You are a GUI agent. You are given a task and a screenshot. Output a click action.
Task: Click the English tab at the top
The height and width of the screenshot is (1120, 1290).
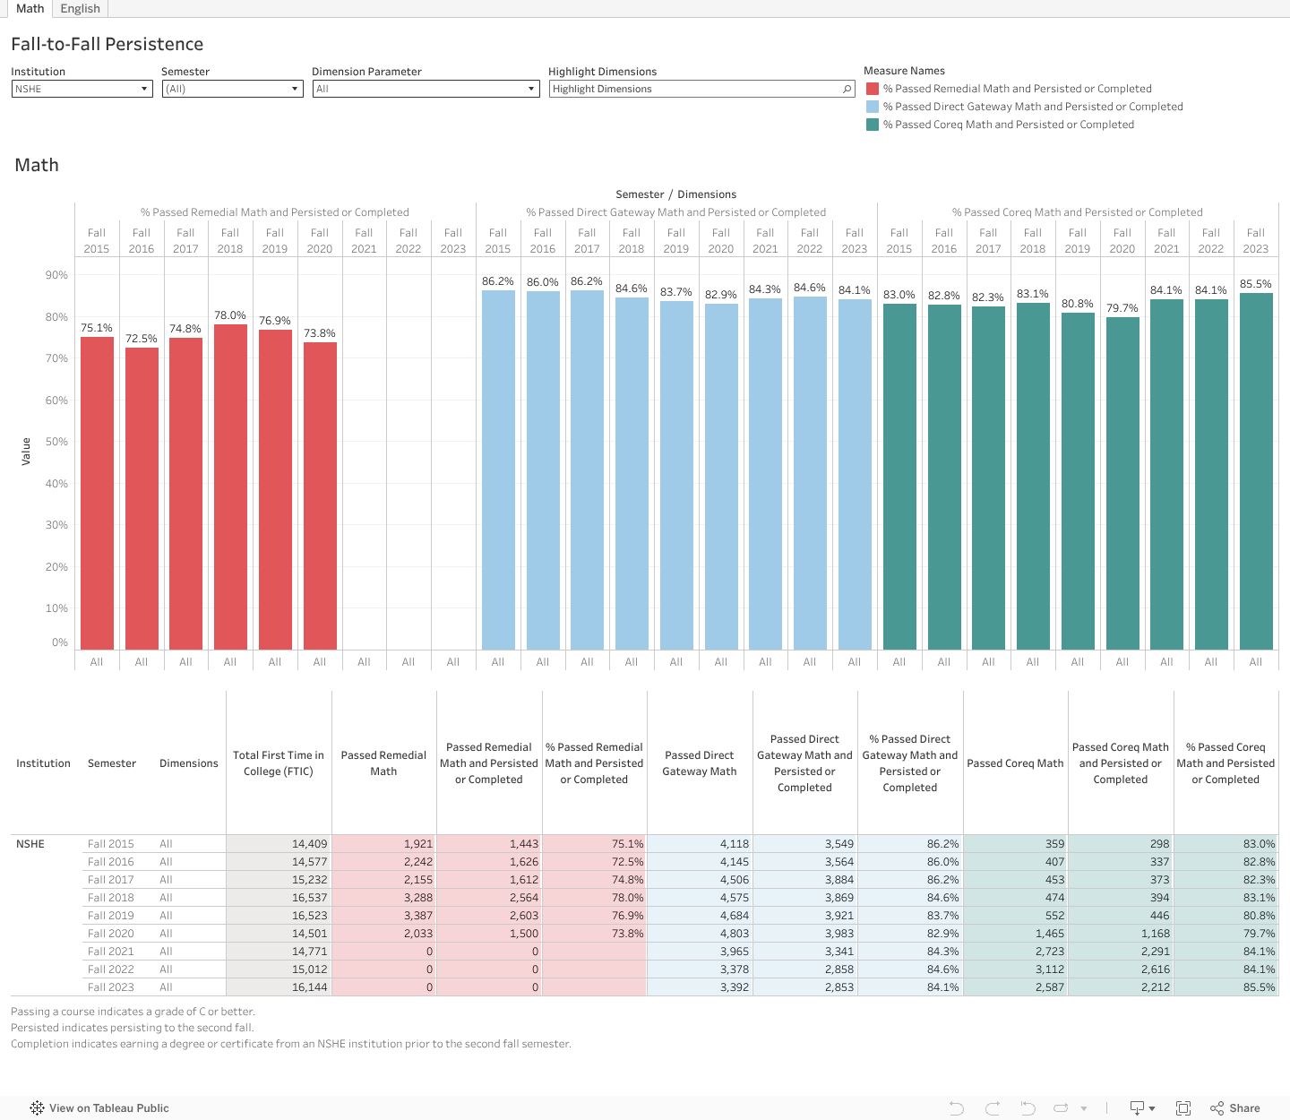(x=80, y=8)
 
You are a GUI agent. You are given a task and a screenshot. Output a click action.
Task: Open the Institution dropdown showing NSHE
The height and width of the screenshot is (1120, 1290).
(x=82, y=89)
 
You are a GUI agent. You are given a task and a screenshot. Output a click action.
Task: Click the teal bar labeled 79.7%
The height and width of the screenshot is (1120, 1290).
(x=1122, y=484)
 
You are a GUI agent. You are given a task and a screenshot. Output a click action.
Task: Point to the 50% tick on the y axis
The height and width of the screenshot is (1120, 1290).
(x=57, y=442)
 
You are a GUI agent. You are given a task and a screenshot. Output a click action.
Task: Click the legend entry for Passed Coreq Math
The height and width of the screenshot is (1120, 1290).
(x=1008, y=125)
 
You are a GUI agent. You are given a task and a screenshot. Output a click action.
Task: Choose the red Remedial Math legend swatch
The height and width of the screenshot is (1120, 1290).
(x=873, y=89)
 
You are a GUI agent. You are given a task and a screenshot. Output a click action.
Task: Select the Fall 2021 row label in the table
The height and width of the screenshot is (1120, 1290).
(x=111, y=952)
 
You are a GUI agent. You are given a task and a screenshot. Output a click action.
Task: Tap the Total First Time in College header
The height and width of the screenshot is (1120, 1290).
(x=279, y=763)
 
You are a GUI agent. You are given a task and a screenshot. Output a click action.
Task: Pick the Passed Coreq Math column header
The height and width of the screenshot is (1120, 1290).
(x=1015, y=763)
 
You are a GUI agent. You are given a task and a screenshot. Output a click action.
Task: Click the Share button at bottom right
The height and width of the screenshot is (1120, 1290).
(x=1235, y=1108)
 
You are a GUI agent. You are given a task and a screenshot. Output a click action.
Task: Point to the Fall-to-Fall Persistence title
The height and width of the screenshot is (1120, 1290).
(x=107, y=44)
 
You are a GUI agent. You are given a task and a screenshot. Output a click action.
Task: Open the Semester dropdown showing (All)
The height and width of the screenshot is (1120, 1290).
(x=232, y=89)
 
